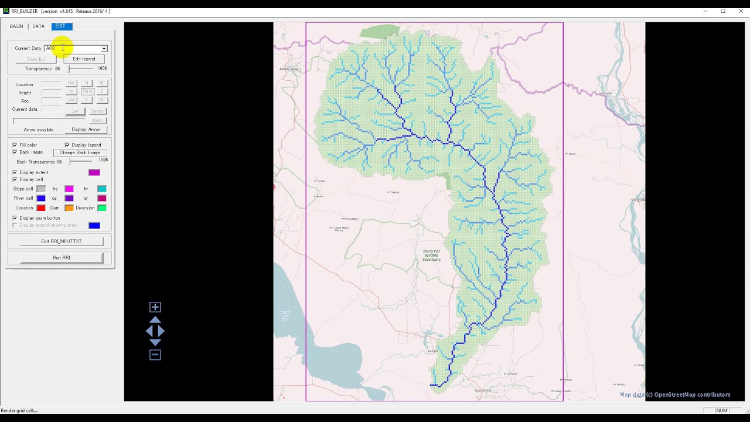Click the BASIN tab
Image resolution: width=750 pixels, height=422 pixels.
[x=16, y=26]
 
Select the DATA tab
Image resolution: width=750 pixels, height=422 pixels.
[x=38, y=26]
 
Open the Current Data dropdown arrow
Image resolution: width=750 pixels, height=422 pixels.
[x=104, y=49]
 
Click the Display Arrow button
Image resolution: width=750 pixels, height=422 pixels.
[x=86, y=130]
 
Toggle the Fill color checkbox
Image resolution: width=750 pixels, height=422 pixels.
[x=15, y=145]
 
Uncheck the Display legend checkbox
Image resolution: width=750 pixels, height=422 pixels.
[x=67, y=145]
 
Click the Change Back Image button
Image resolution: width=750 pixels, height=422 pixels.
[x=80, y=152]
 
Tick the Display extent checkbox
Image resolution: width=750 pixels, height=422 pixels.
[x=15, y=172]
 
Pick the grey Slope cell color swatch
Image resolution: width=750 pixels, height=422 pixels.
[x=41, y=189]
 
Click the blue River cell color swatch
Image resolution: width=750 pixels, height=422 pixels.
[x=41, y=198]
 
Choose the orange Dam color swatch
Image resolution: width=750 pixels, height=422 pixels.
[x=69, y=208]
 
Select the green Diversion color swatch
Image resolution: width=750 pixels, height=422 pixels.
[x=102, y=208]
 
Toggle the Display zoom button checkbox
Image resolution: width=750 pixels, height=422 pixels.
[x=15, y=218]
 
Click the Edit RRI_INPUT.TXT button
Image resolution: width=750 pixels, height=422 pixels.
[x=62, y=241]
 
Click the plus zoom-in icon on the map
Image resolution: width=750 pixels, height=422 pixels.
[x=155, y=307]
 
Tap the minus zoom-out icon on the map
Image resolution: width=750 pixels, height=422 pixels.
[x=155, y=355]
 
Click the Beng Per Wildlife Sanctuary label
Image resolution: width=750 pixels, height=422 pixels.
[x=431, y=255]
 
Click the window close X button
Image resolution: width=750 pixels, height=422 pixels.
[x=741, y=11]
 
